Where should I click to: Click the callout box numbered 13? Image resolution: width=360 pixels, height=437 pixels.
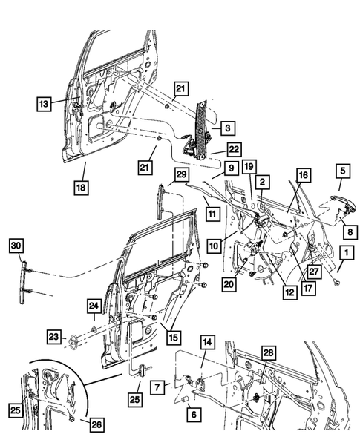click(x=44, y=104)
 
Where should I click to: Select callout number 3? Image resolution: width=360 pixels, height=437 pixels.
click(x=228, y=128)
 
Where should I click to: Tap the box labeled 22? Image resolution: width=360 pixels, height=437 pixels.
click(x=234, y=150)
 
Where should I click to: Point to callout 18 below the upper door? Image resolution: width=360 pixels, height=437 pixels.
click(x=81, y=188)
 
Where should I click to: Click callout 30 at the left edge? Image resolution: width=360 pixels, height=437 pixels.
click(x=16, y=246)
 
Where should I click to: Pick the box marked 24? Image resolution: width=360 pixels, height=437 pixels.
click(x=94, y=306)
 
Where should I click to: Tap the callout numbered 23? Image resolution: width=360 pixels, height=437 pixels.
click(x=53, y=337)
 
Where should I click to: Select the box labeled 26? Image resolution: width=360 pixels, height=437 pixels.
click(x=96, y=424)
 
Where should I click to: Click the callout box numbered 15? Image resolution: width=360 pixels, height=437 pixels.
click(x=174, y=338)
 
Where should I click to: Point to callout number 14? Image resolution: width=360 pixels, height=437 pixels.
click(x=207, y=342)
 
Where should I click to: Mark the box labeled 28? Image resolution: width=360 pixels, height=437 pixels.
click(x=268, y=353)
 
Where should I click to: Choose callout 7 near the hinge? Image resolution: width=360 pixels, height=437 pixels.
click(x=157, y=387)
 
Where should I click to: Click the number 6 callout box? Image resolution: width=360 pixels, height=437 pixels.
click(x=194, y=414)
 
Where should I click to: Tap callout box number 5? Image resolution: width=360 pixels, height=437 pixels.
click(x=343, y=171)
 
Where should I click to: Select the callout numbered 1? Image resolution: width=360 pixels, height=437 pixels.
click(x=347, y=253)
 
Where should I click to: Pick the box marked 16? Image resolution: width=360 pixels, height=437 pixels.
click(x=304, y=175)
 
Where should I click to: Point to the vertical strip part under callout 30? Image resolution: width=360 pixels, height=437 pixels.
click(x=22, y=283)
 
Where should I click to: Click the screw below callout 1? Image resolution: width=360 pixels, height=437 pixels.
click(x=338, y=283)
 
